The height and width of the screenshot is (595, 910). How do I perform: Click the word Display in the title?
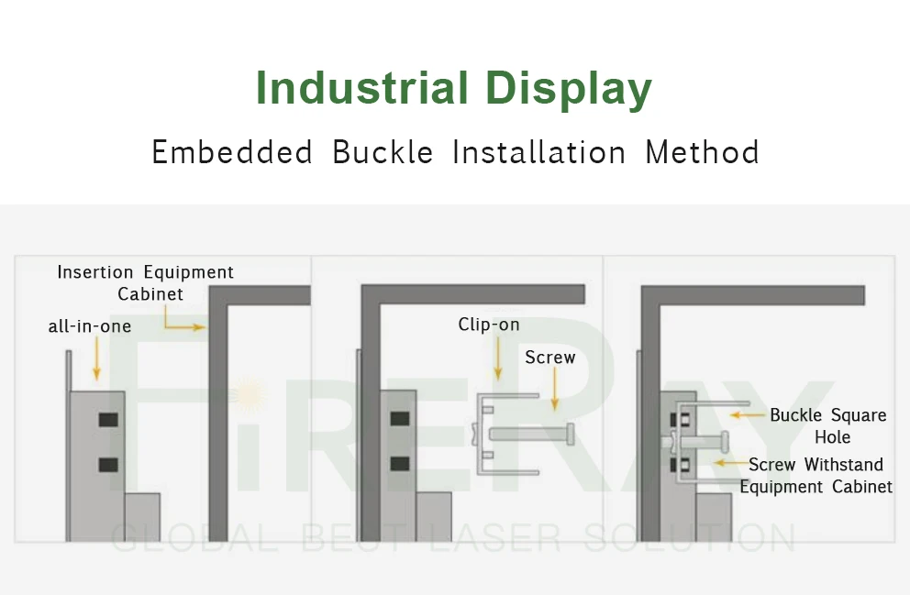coord(569,90)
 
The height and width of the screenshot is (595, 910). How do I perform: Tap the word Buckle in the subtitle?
coord(383,152)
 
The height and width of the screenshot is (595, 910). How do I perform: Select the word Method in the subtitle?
coord(702,152)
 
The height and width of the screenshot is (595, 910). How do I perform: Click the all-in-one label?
coord(90,326)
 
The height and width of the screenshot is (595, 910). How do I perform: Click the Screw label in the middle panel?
coord(550,358)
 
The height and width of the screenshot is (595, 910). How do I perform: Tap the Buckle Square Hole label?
coord(828,425)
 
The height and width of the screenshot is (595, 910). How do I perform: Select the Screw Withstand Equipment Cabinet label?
coord(816,476)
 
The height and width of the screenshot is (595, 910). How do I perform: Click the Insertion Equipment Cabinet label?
coord(145,282)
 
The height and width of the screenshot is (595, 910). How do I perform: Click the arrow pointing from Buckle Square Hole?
coord(747,415)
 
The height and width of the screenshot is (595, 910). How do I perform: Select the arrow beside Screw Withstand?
coord(728,464)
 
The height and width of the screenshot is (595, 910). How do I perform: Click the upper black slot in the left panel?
coord(108,420)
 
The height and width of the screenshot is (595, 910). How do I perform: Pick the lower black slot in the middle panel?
coord(399,463)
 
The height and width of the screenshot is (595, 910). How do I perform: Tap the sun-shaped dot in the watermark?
coord(250,394)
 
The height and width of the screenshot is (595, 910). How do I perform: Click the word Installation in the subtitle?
coord(539,152)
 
